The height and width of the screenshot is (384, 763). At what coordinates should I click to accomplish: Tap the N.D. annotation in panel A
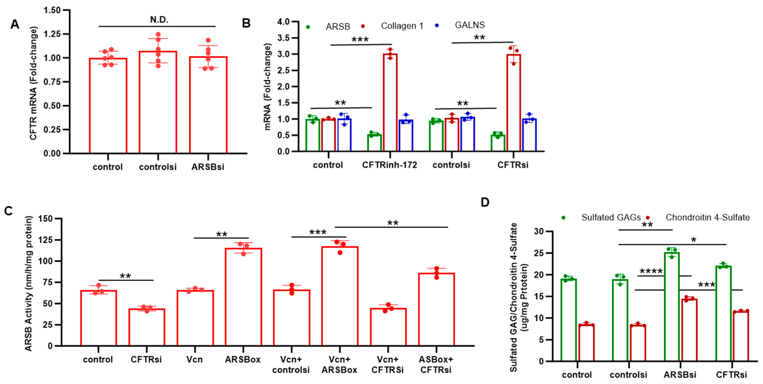(159, 20)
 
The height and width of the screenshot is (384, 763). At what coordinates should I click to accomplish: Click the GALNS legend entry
(469, 25)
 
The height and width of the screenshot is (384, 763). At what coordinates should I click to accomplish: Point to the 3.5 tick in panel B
(284, 38)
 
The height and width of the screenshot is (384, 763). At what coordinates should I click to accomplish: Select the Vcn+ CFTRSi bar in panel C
(388, 327)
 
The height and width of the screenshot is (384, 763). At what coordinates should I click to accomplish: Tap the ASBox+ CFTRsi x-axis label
(436, 364)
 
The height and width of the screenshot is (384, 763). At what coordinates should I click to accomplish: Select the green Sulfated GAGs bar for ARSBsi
(672, 306)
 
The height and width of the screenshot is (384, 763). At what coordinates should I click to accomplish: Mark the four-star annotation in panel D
(651, 271)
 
